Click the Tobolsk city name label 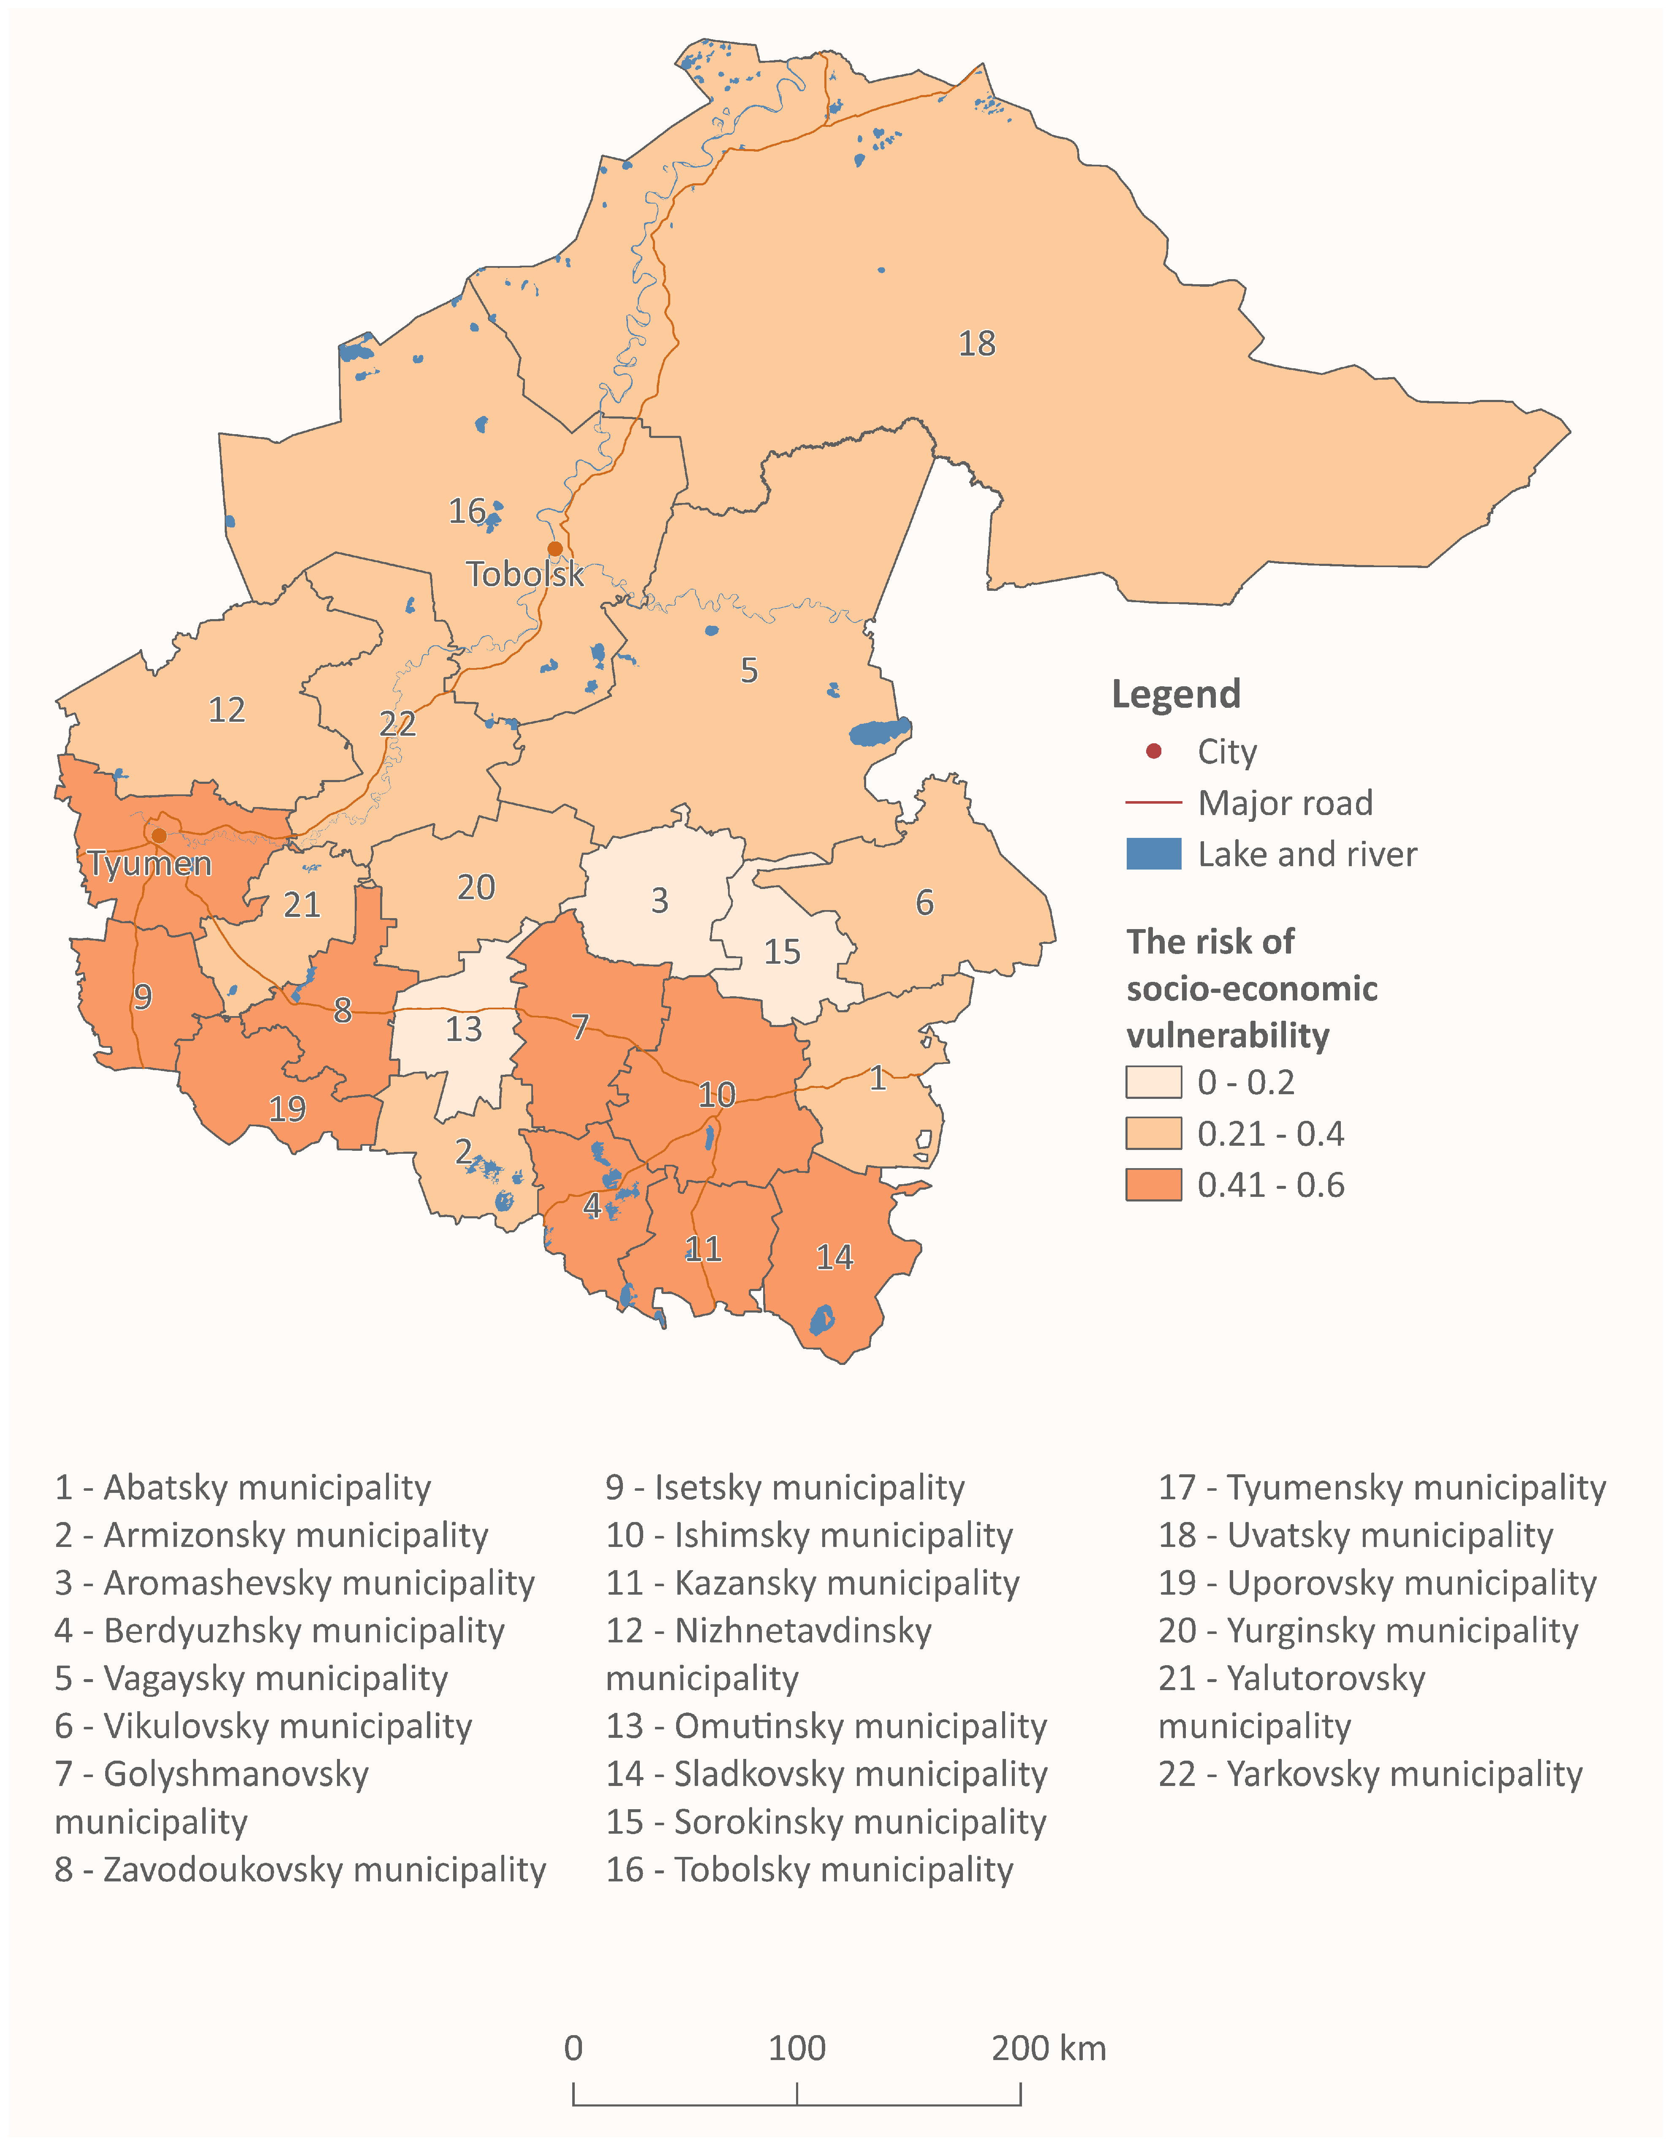click(x=525, y=574)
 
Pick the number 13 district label click(x=464, y=1030)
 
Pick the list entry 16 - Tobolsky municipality click(x=809, y=1870)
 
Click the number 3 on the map click(x=659, y=901)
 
